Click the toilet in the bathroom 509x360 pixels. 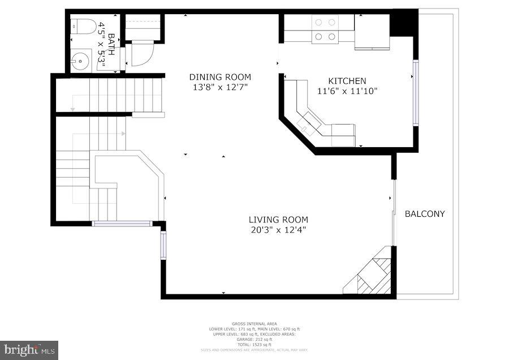83,26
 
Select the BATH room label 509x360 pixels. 111,44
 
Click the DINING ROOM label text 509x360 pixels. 220,77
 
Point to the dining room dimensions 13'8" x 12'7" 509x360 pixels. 220,87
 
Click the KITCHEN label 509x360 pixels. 347,81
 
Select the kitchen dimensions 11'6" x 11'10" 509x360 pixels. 347,91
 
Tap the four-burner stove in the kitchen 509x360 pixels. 325,29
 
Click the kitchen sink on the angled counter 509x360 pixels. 309,122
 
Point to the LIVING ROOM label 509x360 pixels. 278,220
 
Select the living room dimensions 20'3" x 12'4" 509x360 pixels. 278,229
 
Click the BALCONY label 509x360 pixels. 425,214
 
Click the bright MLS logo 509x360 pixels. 29,350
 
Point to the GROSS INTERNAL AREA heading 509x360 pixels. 254,324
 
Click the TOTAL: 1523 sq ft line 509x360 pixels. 254,345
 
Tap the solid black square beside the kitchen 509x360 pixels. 404,23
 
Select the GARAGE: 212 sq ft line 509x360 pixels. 254,340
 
